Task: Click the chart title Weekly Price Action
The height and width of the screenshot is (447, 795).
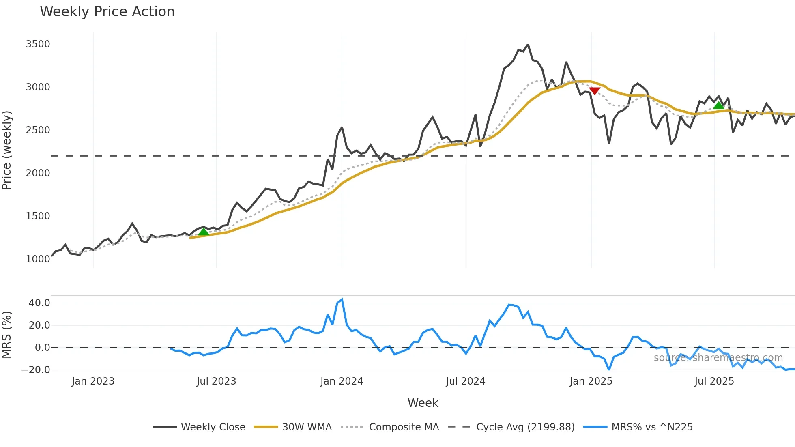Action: [107, 12]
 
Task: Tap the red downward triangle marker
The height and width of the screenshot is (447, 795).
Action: [595, 91]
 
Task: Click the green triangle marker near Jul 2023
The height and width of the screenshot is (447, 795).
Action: [204, 232]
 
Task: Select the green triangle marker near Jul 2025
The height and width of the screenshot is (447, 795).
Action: [718, 105]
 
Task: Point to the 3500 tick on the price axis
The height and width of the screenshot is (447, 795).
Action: [38, 44]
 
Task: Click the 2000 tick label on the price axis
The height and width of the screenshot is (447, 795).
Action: [38, 173]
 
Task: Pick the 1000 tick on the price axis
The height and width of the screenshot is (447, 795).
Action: [38, 259]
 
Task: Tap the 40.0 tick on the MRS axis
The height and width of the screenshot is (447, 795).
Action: [39, 303]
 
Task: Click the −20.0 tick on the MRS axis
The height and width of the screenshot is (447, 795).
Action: [36, 370]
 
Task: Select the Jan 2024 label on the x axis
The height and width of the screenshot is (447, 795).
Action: [342, 381]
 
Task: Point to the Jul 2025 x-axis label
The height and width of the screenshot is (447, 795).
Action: [714, 381]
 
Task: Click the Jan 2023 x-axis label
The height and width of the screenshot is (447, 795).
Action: [93, 381]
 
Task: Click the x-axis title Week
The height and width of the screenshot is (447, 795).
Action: [423, 403]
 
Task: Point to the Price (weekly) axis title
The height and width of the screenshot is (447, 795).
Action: [7, 150]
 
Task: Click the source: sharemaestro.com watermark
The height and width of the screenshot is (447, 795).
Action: [718, 358]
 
